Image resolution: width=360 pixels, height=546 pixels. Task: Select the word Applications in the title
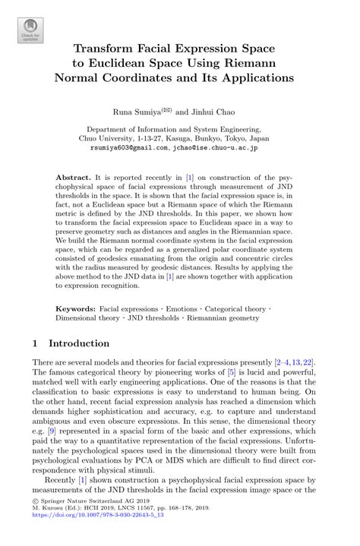(257, 77)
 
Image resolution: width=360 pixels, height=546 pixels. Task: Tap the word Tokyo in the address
(237, 139)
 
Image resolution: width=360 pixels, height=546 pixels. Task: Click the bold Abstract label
(73, 176)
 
